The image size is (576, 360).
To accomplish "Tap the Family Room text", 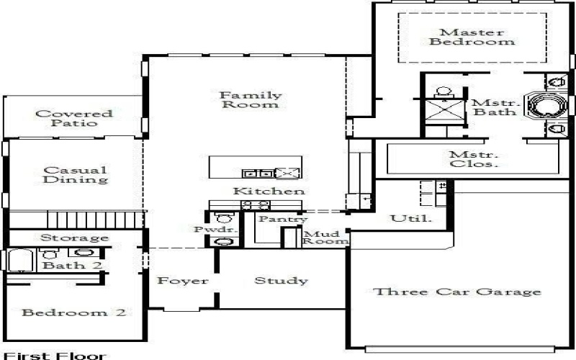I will pyautogui.click(x=251, y=99).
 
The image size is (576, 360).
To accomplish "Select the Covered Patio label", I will pyautogui.click(x=74, y=118).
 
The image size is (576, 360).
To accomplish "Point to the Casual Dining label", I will pyautogui.click(x=75, y=175).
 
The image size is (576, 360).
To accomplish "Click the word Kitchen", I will pyautogui.click(x=268, y=192).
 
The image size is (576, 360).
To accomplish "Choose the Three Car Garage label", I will pyautogui.click(x=456, y=292).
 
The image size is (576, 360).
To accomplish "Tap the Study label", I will pyautogui.click(x=281, y=281).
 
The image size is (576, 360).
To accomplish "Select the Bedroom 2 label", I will pyautogui.click(x=74, y=312).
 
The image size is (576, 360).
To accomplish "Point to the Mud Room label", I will pyautogui.click(x=320, y=238).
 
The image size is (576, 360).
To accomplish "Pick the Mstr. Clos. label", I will pyautogui.click(x=474, y=159).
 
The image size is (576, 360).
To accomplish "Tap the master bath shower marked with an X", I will pyautogui.click(x=443, y=113).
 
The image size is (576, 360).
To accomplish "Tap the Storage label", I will pyautogui.click(x=74, y=238).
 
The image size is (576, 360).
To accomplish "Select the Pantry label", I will pyautogui.click(x=283, y=219).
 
